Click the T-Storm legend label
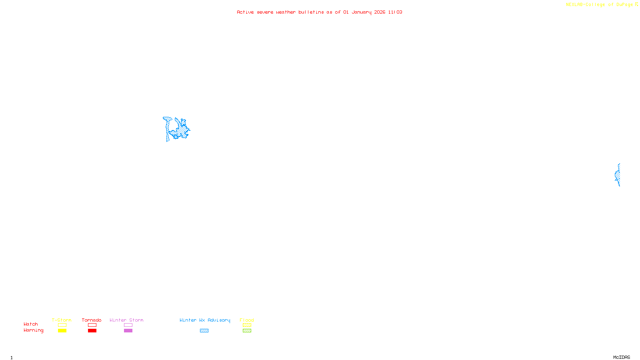(62, 320)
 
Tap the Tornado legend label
(92, 320)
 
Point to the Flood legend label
(247, 320)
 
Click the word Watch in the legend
(31, 324)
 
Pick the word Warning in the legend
(34, 330)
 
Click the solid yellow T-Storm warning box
(62, 331)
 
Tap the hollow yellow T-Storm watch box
(62, 325)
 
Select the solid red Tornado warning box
(92, 331)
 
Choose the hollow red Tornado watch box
(92, 325)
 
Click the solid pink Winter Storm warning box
(128, 331)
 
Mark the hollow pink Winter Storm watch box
(128, 325)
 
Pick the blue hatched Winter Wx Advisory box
(204, 331)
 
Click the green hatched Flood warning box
(247, 331)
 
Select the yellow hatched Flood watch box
(247, 325)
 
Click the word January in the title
(362, 12)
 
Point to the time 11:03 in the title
(395, 12)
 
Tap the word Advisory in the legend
(219, 320)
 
